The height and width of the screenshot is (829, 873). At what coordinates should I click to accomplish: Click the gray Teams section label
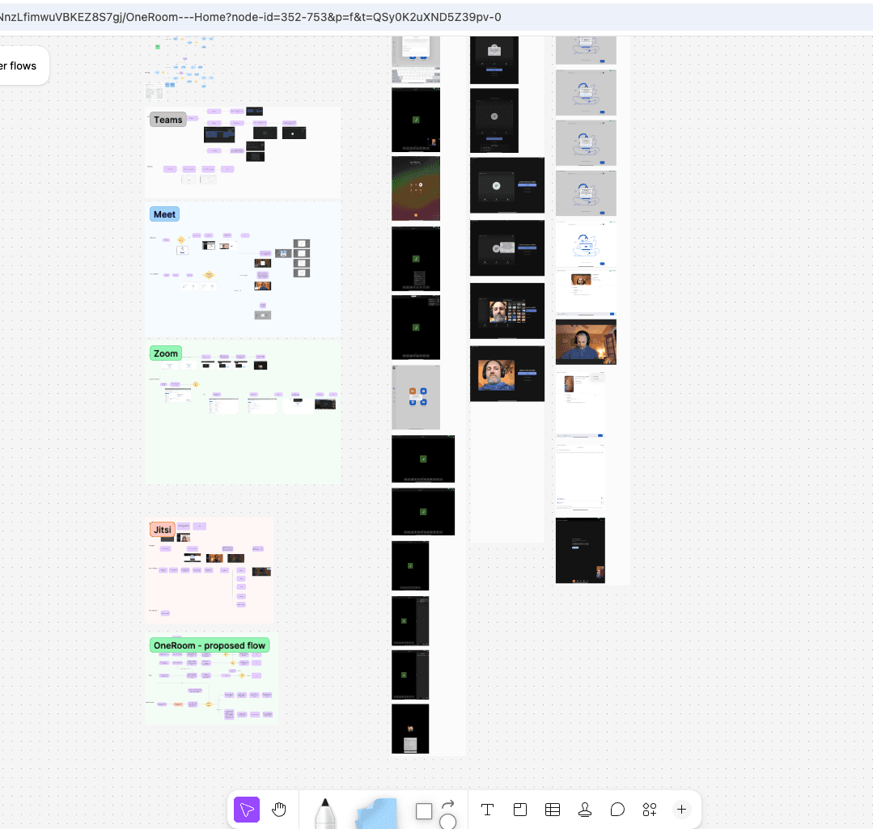point(168,120)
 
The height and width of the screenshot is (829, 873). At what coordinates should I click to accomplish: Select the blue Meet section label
point(164,214)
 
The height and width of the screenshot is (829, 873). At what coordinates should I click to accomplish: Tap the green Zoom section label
point(166,353)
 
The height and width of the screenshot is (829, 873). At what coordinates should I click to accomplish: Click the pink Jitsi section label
point(162,530)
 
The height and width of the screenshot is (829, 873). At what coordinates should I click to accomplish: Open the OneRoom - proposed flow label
point(210,645)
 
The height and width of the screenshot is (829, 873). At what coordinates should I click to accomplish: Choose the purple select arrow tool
point(247,810)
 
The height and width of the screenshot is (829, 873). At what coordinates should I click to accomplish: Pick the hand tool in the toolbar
point(279,810)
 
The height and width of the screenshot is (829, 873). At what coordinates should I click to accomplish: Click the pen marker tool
point(325,812)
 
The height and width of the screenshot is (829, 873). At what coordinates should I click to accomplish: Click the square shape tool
point(424,811)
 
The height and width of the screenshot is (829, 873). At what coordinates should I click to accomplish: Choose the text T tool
point(488,810)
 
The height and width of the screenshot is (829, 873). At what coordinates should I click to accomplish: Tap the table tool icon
point(553,810)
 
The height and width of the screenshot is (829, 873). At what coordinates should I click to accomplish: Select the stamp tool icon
point(585,810)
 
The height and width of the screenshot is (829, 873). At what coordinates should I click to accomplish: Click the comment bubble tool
point(617,810)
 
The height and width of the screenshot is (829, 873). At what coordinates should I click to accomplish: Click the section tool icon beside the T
point(520,810)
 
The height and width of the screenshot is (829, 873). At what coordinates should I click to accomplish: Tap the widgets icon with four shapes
point(650,810)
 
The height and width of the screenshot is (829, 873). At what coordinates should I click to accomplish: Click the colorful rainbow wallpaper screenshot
point(416,188)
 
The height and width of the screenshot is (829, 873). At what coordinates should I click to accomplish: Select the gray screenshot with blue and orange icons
point(416,397)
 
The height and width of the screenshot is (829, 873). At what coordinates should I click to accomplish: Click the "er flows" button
point(21,66)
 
